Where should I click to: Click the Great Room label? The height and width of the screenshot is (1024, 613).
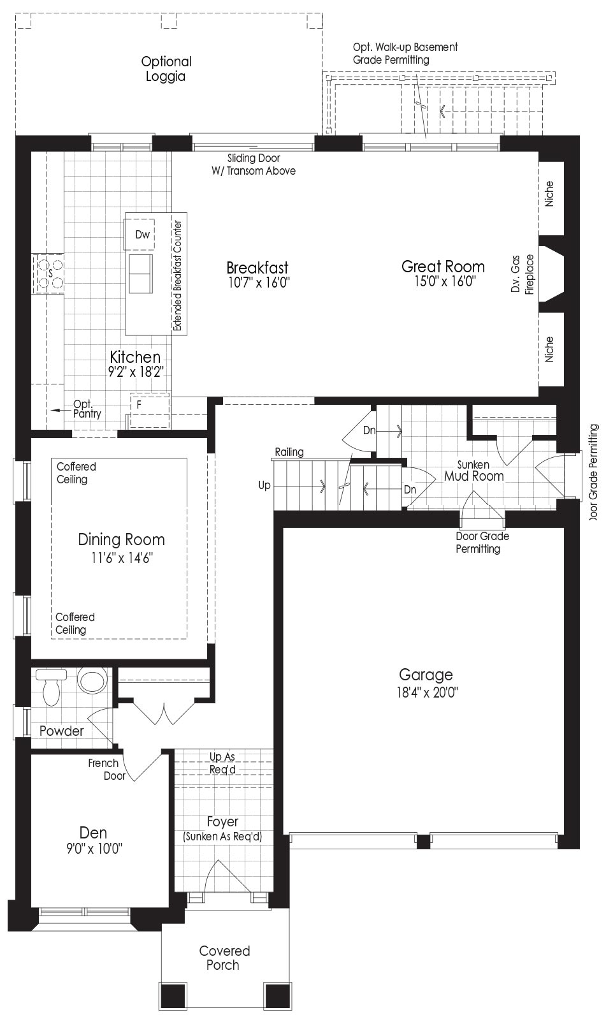tap(443, 266)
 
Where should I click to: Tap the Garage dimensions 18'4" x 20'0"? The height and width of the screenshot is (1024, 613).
tap(427, 692)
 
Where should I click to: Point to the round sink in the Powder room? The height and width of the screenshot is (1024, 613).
tap(93, 679)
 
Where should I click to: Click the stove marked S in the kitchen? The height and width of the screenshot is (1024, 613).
tap(48, 274)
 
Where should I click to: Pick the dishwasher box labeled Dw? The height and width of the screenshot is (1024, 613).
tap(140, 235)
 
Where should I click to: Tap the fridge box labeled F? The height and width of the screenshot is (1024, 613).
tap(150, 411)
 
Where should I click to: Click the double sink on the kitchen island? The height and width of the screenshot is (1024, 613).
tap(141, 274)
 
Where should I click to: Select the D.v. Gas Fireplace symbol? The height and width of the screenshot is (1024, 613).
tap(551, 274)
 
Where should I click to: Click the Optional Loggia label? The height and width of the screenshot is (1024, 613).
tap(166, 69)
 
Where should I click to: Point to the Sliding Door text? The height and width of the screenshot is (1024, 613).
tap(254, 158)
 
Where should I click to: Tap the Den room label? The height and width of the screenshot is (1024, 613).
tap(93, 833)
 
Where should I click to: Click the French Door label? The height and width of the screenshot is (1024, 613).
tap(106, 770)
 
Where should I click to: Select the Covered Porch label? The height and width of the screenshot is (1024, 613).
tap(224, 958)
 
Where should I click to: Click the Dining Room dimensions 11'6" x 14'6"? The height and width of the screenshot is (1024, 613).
tap(122, 558)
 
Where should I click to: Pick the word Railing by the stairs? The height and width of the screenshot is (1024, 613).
tap(289, 451)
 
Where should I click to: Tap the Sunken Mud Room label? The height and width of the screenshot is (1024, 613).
tap(474, 471)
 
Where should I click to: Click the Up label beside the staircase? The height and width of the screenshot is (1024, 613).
tap(264, 485)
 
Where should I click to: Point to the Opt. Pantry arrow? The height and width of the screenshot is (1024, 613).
tap(61, 410)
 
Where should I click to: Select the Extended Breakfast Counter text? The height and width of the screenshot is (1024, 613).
tap(178, 275)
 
